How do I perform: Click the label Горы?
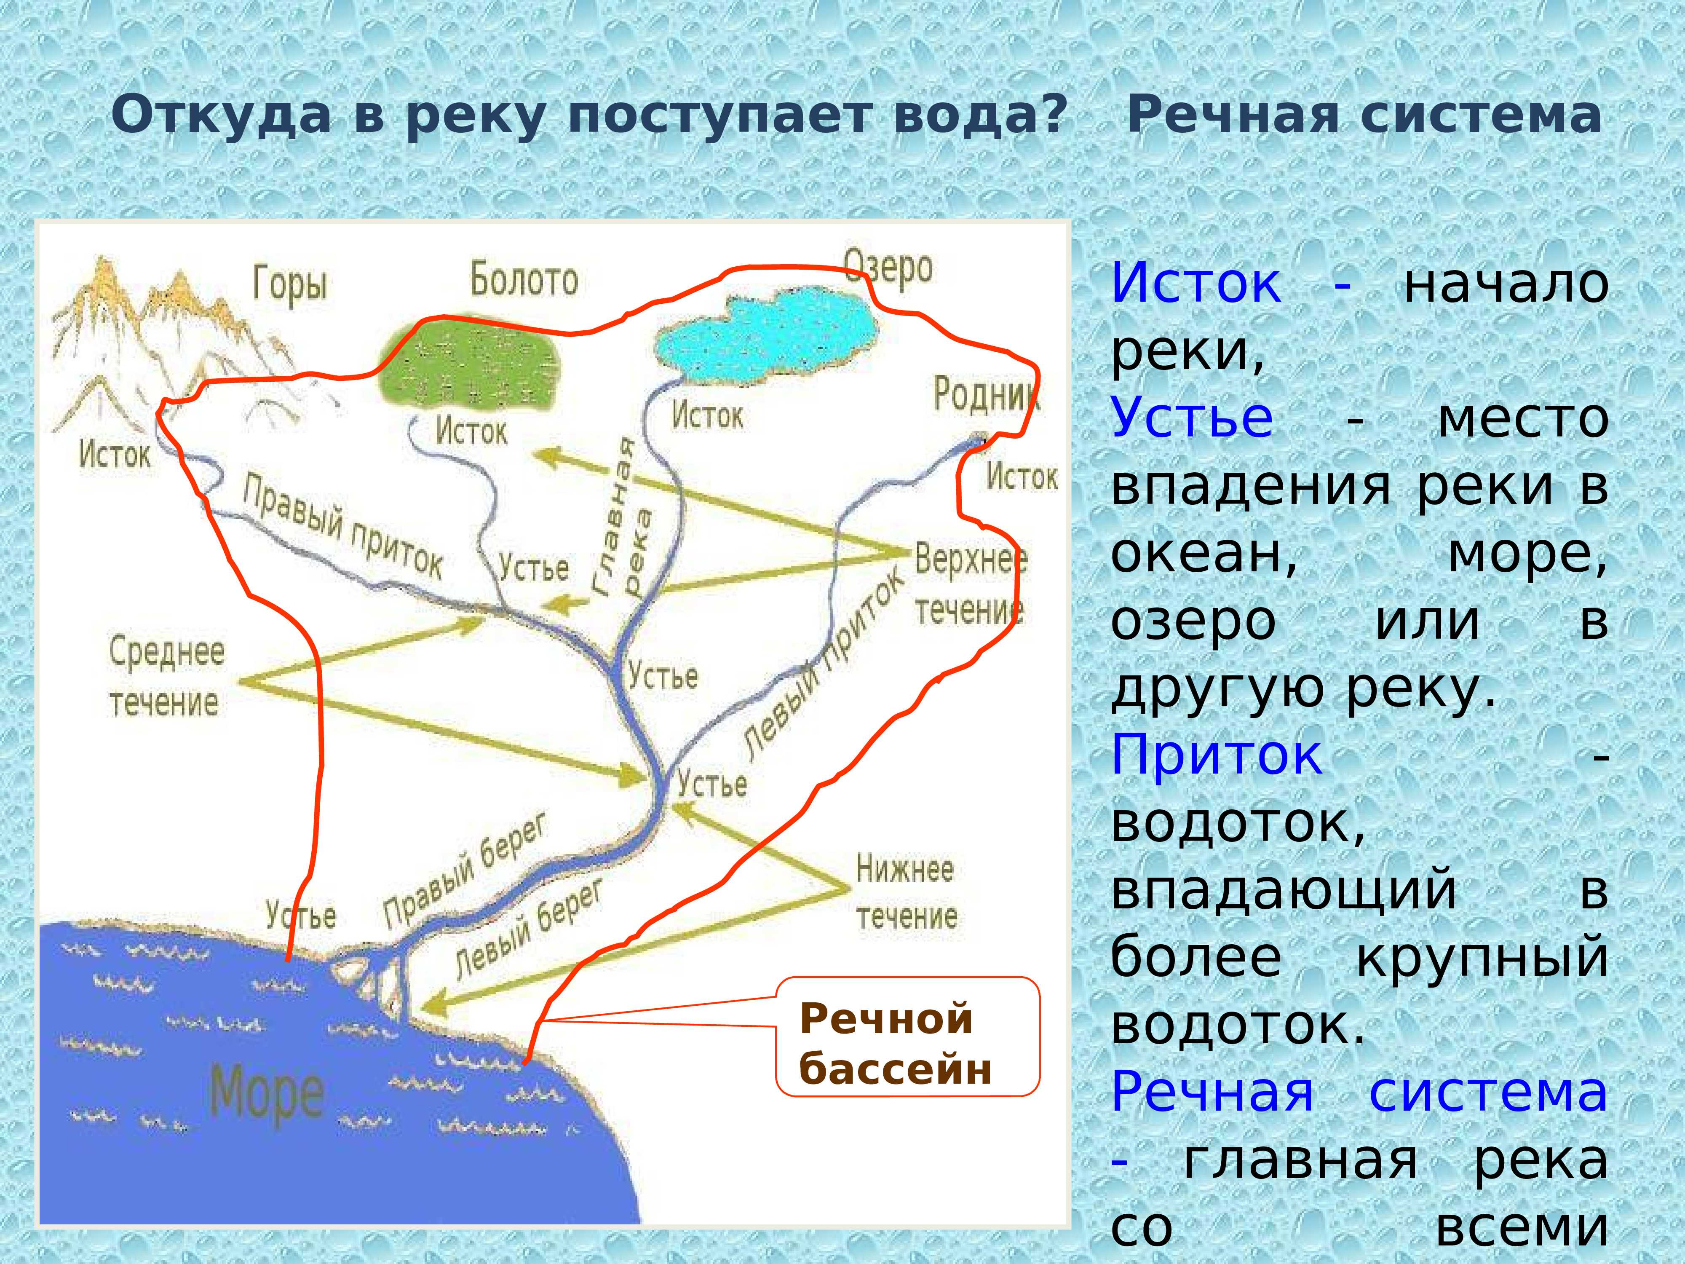[290, 284]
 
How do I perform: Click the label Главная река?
[623, 518]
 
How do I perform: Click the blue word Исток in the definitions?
[1196, 284]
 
